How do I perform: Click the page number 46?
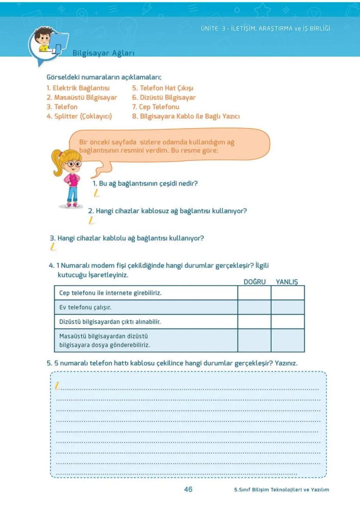188,489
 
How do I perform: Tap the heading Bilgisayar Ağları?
103,53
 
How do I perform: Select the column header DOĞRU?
254,282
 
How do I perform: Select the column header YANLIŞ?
287,282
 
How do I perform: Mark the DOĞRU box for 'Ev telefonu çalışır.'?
254,307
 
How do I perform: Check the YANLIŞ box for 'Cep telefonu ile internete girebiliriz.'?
287,293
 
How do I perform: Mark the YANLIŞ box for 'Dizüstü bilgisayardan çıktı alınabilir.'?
287,322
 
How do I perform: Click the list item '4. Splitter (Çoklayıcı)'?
79,116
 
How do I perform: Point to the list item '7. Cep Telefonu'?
156,107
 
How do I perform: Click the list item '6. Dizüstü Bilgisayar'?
164,98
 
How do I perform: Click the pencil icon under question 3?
53,247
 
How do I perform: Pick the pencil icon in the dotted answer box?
57,386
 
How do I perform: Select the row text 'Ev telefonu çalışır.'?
85,307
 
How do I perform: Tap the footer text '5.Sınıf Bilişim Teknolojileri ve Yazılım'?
281,489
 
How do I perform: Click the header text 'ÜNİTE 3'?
215,29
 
